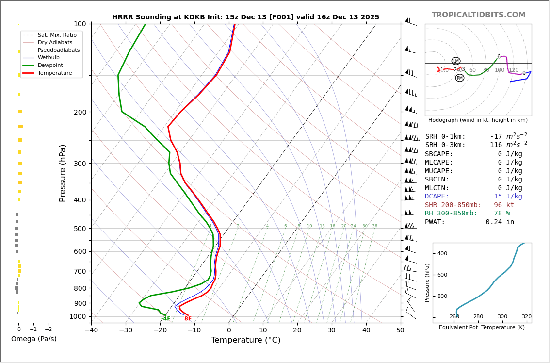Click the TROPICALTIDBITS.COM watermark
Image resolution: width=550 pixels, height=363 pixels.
coord(478,15)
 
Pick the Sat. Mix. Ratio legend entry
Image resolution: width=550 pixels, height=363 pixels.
coord(57,35)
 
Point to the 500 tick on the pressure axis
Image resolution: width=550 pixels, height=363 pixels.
coord(80,229)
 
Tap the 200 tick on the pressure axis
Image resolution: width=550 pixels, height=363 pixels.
coord(80,112)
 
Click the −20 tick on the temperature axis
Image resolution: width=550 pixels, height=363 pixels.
coord(160,330)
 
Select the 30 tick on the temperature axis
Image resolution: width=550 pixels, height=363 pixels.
coord(332,330)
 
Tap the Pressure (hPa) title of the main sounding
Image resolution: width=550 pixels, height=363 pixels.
coord(63,173)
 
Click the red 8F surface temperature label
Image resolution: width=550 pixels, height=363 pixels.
coord(188,319)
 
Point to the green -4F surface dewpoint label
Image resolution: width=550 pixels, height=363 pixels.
coord(166,319)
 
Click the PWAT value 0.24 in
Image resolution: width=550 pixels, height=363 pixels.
coord(500,222)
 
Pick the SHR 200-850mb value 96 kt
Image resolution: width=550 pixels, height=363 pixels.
coord(503,205)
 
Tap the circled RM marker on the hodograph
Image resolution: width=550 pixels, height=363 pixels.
coord(459,78)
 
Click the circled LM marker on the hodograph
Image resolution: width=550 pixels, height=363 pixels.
coord(456,61)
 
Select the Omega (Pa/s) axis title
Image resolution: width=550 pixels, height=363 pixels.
coord(34,339)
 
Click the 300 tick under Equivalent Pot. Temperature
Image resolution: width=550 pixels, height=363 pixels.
coord(502,317)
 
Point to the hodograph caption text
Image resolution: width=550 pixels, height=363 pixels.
coord(478,120)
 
